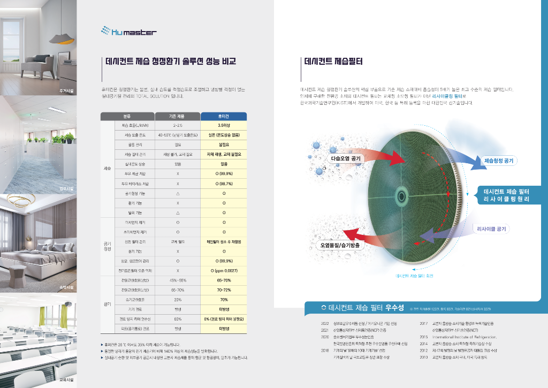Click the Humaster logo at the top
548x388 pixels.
click(x=129, y=32)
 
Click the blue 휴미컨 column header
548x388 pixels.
click(x=224, y=116)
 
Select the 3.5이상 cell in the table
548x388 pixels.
click(x=224, y=125)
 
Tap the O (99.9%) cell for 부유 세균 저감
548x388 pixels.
click(x=224, y=174)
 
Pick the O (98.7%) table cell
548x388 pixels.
click(x=224, y=184)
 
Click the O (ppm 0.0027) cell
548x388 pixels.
click(x=224, y=270)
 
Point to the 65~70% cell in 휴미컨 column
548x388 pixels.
click(x=224, y=280)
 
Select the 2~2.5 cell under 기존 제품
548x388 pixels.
click(x=178, y=125)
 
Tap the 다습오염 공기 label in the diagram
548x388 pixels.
click(x=346, y=159)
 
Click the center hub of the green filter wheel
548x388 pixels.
click(x=402, y=193)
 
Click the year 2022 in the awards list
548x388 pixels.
click(x=324, y=324)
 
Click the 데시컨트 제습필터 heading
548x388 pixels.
click(x=333, y=62)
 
